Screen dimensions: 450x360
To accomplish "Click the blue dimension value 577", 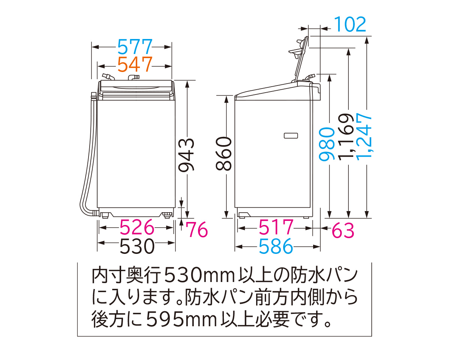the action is (135, 46).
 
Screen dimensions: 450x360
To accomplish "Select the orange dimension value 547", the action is (135, 64).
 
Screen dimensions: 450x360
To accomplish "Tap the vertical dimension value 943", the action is (187, 154).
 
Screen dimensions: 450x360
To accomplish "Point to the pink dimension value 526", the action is (137, 227).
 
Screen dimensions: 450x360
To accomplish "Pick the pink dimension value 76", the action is (197, 229).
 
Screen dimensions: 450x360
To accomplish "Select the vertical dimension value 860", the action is (224, 154).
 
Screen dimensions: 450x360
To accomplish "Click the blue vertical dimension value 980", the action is (327, 144).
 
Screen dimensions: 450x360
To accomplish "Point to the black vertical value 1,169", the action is (346, 137).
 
